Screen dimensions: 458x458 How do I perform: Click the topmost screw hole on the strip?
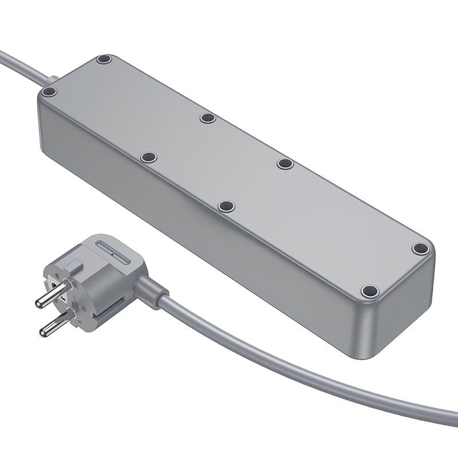tap(104, 59)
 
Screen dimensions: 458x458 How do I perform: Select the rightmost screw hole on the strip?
tap(421, 249)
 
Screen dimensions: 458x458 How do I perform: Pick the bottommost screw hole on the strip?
tap(370, 290)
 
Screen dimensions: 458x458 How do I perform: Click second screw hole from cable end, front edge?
tap(149, 156)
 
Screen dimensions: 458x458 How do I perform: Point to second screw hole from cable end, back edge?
tap(207, 118)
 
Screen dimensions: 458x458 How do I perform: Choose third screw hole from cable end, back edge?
tap(285, 164)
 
